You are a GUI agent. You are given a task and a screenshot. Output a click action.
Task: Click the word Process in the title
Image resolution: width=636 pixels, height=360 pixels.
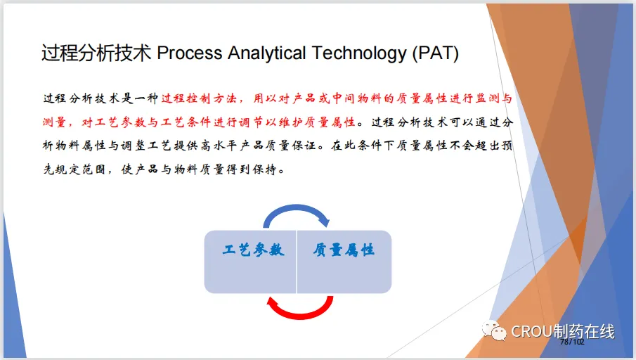click(190, 53)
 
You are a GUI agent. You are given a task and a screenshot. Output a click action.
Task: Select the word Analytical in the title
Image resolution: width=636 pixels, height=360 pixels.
click(266, 53)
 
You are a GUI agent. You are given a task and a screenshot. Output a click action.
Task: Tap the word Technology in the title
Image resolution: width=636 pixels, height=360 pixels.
click(359, 53)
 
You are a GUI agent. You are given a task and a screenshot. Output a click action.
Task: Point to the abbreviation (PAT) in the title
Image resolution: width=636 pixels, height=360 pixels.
click(436, 53)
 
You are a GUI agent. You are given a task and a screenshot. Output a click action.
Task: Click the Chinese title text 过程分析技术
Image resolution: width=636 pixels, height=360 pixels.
click(96, 53)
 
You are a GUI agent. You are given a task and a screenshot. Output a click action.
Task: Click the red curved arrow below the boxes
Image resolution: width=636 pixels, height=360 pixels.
click(300, 307)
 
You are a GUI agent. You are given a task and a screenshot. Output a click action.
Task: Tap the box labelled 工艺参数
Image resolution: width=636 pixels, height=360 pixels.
click(250, 262)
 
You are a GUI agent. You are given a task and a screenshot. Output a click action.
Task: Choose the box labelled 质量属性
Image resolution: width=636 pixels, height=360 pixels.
click(344, 262)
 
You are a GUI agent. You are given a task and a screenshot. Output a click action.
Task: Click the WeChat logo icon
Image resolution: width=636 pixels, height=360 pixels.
click(494, 330)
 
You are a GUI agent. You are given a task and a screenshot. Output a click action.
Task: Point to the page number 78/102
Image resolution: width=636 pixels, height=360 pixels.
click(572, 342)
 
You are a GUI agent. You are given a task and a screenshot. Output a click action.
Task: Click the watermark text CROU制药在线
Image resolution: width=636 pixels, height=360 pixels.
click(563, 332)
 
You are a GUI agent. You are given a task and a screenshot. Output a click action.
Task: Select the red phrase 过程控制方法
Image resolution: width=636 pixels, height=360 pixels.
click(199, 98)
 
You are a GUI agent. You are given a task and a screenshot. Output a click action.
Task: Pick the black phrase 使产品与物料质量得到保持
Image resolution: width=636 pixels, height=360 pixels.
click(202, 169)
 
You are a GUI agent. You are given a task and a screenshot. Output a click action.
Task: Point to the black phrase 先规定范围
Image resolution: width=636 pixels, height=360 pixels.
click(74, 169)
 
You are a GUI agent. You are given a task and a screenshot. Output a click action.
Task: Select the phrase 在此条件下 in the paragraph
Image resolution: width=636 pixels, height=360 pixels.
click(362, 146)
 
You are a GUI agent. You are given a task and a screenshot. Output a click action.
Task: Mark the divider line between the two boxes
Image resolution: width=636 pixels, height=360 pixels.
click(297, 262)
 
